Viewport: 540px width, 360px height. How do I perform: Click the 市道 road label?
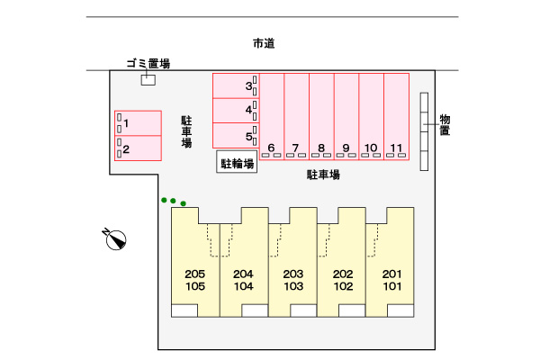pos(264,44)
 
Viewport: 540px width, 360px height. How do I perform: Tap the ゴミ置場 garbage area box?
pos(148,80)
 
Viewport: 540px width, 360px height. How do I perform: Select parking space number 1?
pos(138,123)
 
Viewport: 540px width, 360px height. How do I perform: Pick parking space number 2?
pos(138,148)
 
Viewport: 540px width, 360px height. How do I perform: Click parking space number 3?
pos(236,85)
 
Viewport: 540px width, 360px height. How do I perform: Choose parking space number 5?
pos(236,136)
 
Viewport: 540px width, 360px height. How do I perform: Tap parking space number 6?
pos(272,116)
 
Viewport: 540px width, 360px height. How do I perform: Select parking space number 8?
pos(321,116)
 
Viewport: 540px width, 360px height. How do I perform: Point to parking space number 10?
pos(371,116)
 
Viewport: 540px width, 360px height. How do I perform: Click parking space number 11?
pos(396,116)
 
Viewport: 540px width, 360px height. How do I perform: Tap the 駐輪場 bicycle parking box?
pos(237,161)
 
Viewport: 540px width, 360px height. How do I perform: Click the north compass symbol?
pos(115,238)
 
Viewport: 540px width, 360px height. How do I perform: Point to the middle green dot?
pos(173,201)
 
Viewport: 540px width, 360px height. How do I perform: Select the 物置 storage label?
pos(445,125)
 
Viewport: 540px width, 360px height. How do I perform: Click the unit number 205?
pos(195,274)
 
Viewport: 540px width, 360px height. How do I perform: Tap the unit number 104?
pos(244,286)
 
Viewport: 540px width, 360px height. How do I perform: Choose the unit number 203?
pos(293,274)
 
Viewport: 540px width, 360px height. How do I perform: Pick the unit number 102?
pos(343,286)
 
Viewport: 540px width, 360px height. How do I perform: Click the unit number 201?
pos(391,274)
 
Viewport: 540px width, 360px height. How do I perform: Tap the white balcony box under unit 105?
pos(184,310)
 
